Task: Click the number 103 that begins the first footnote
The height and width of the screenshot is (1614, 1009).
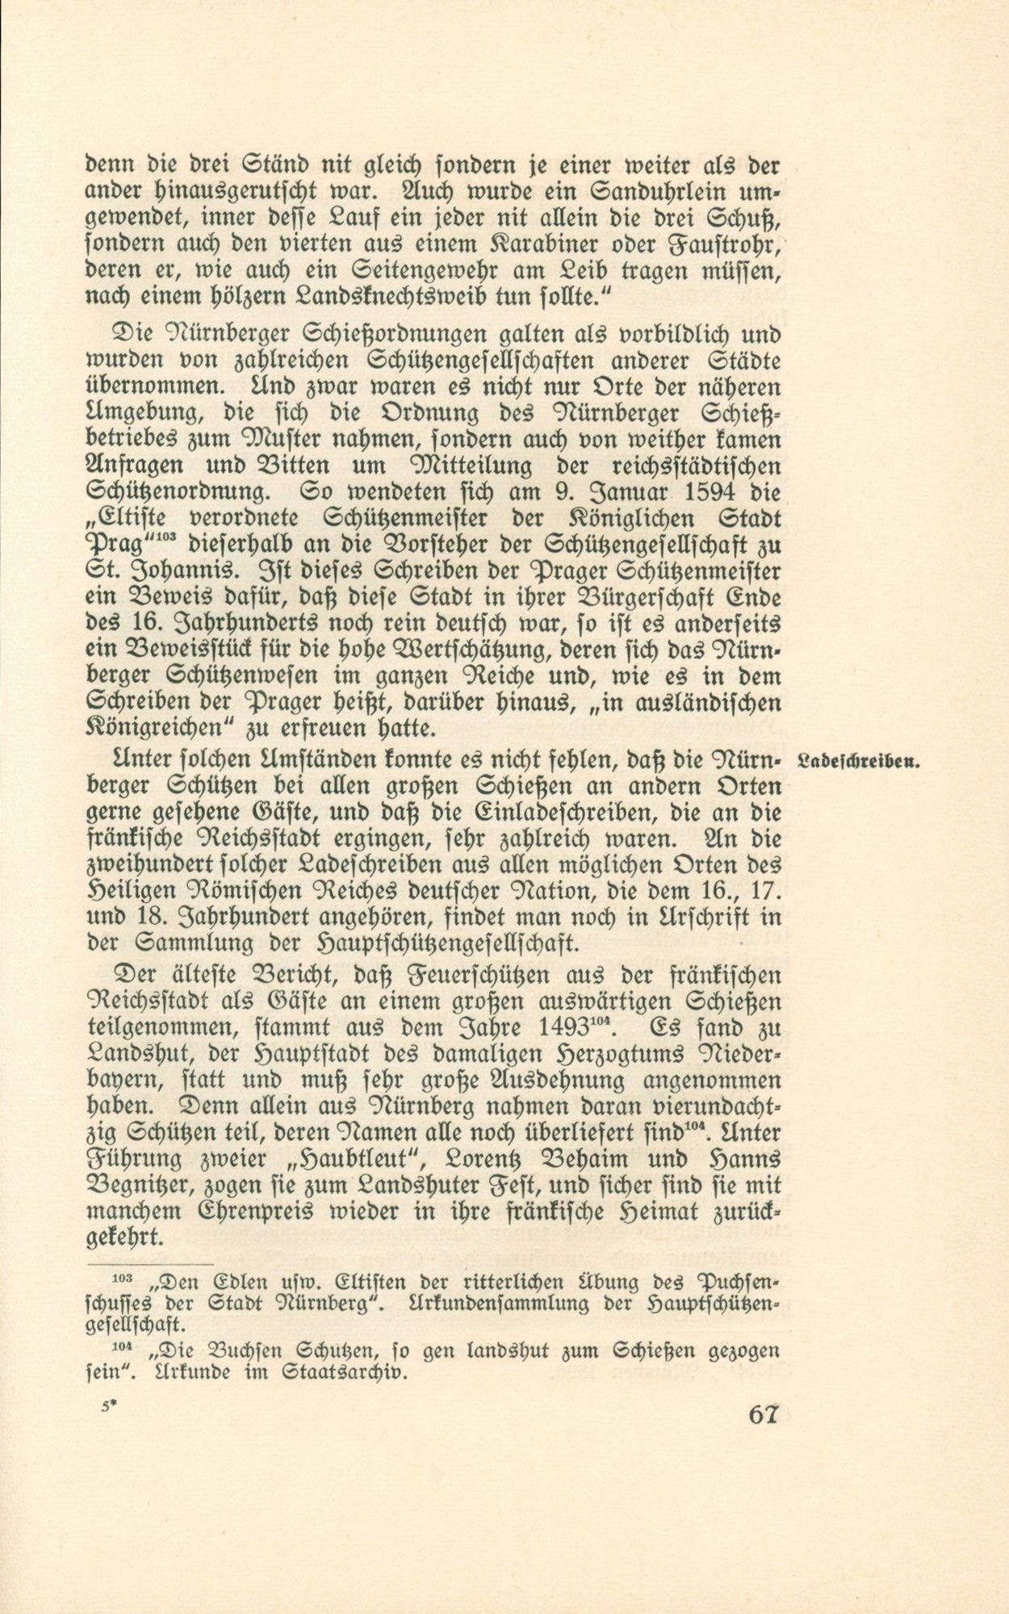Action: (x=121, y=1280)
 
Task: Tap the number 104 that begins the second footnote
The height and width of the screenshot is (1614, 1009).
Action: (x=121, y=1346)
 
